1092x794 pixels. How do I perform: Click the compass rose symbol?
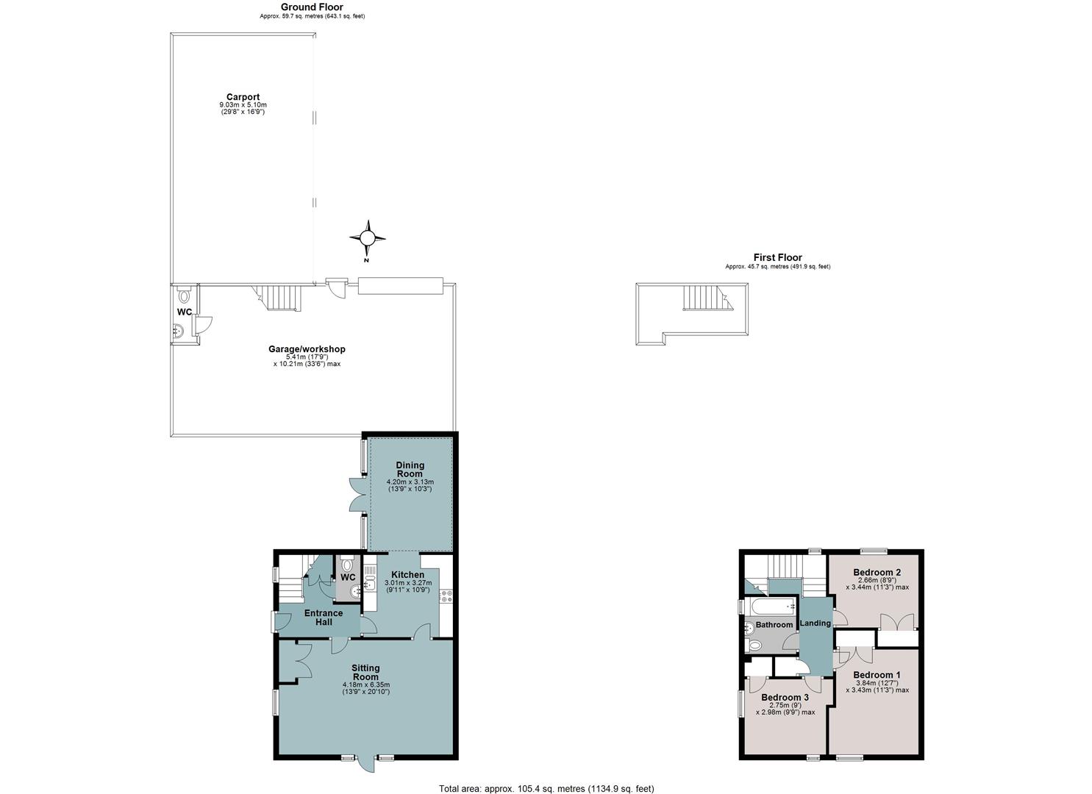tap(368, 238)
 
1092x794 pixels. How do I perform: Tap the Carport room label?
tap(243, 97)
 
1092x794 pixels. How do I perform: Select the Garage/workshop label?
tap(307, 349)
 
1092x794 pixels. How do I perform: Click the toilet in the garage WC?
tap(184, 295)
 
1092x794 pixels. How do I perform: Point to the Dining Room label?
tap(410, 469)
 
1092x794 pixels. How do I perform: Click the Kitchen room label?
tap(407, 575)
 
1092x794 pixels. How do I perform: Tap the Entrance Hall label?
tap(324, 618)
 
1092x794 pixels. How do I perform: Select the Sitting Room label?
tap(365, 672)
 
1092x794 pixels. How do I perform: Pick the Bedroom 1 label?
tap(877, 675)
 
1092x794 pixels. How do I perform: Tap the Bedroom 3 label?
tap(785, 698)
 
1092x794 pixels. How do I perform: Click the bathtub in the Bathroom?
tap(774, 607)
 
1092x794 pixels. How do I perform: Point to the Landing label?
tap(815, 623)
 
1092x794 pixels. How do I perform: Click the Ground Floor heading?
tap(312, 7)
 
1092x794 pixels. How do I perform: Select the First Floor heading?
tap(777, 257)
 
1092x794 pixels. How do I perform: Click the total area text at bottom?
tap(546, 789)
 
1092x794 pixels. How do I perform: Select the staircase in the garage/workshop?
tap(277, 298)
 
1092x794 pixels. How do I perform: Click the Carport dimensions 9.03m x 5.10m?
tap(243, 105)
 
